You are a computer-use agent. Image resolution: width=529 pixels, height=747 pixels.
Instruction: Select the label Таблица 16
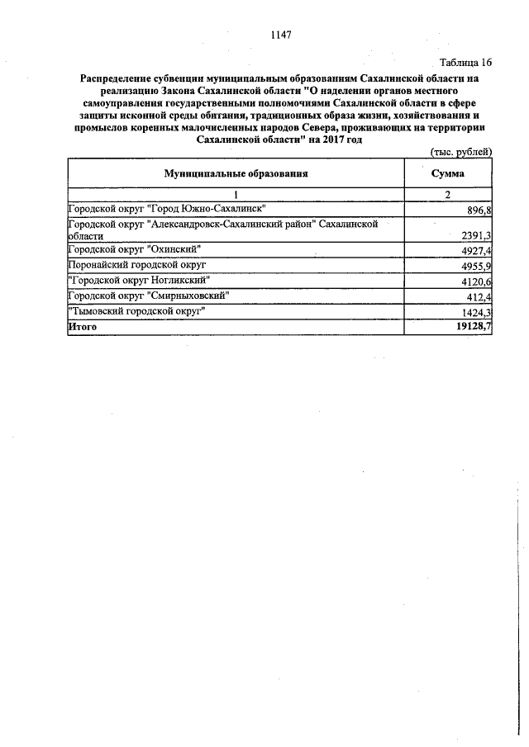(x=466, y=63)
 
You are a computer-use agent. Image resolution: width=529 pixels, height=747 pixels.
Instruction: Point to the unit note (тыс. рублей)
(x=462, y=151)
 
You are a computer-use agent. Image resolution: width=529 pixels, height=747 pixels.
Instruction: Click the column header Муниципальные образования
(x=236, y=174)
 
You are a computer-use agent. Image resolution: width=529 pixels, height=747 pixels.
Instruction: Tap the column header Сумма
(x=448, y=174)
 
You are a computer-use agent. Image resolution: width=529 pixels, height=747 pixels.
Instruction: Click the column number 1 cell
(x=236, y=194)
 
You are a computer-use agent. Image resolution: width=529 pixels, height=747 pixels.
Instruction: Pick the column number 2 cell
(x=448, y=194)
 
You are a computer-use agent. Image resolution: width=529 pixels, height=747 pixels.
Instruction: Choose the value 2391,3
(x=474, y=235)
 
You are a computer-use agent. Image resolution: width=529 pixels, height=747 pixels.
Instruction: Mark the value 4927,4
(x=474, y=251)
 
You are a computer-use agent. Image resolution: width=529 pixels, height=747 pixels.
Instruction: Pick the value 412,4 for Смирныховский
(x=477, y=297)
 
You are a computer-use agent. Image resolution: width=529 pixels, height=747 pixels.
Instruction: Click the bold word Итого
(x=83, y=327)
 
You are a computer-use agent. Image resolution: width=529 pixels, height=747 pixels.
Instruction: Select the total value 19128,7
(x=471, y=328)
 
